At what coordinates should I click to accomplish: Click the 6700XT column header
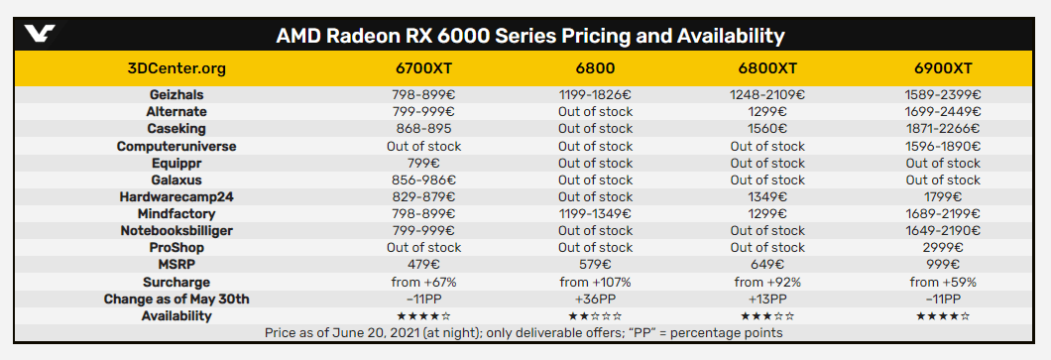coord(423,68)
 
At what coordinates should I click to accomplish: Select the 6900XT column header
coord(943,68)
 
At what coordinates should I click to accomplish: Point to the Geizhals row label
coord(176,95)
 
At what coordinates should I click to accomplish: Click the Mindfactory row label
coord(176,213)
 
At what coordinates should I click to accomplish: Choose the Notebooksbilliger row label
coord(176,230)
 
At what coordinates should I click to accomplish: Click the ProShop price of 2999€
coord(943,247)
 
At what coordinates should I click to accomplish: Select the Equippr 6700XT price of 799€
coord(423,163)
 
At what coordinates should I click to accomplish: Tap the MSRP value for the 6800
coord(595,265)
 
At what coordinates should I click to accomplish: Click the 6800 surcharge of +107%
coord(595,282)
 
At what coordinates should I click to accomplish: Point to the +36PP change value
coord(595,299)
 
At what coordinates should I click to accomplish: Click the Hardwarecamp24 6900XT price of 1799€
coord(943,196)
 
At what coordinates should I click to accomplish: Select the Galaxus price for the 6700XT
coord(423,180)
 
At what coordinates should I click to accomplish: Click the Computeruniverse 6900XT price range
coord(943,146)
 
